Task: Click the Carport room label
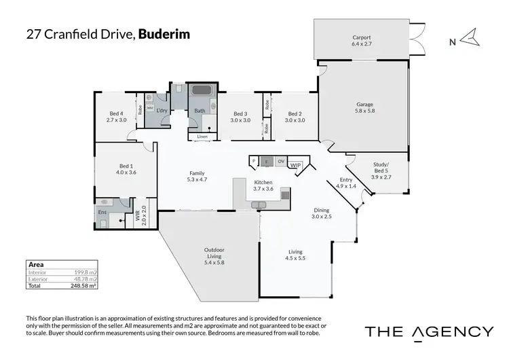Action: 360,40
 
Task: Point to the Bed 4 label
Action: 117,116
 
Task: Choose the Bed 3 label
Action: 240,116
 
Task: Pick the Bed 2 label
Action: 295,116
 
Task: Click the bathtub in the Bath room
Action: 200,92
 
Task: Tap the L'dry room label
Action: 162,111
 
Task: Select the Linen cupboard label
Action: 202,137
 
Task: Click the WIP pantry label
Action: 295,164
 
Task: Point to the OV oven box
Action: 280,161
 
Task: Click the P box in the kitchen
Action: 254,161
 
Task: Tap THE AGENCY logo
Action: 429,331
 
